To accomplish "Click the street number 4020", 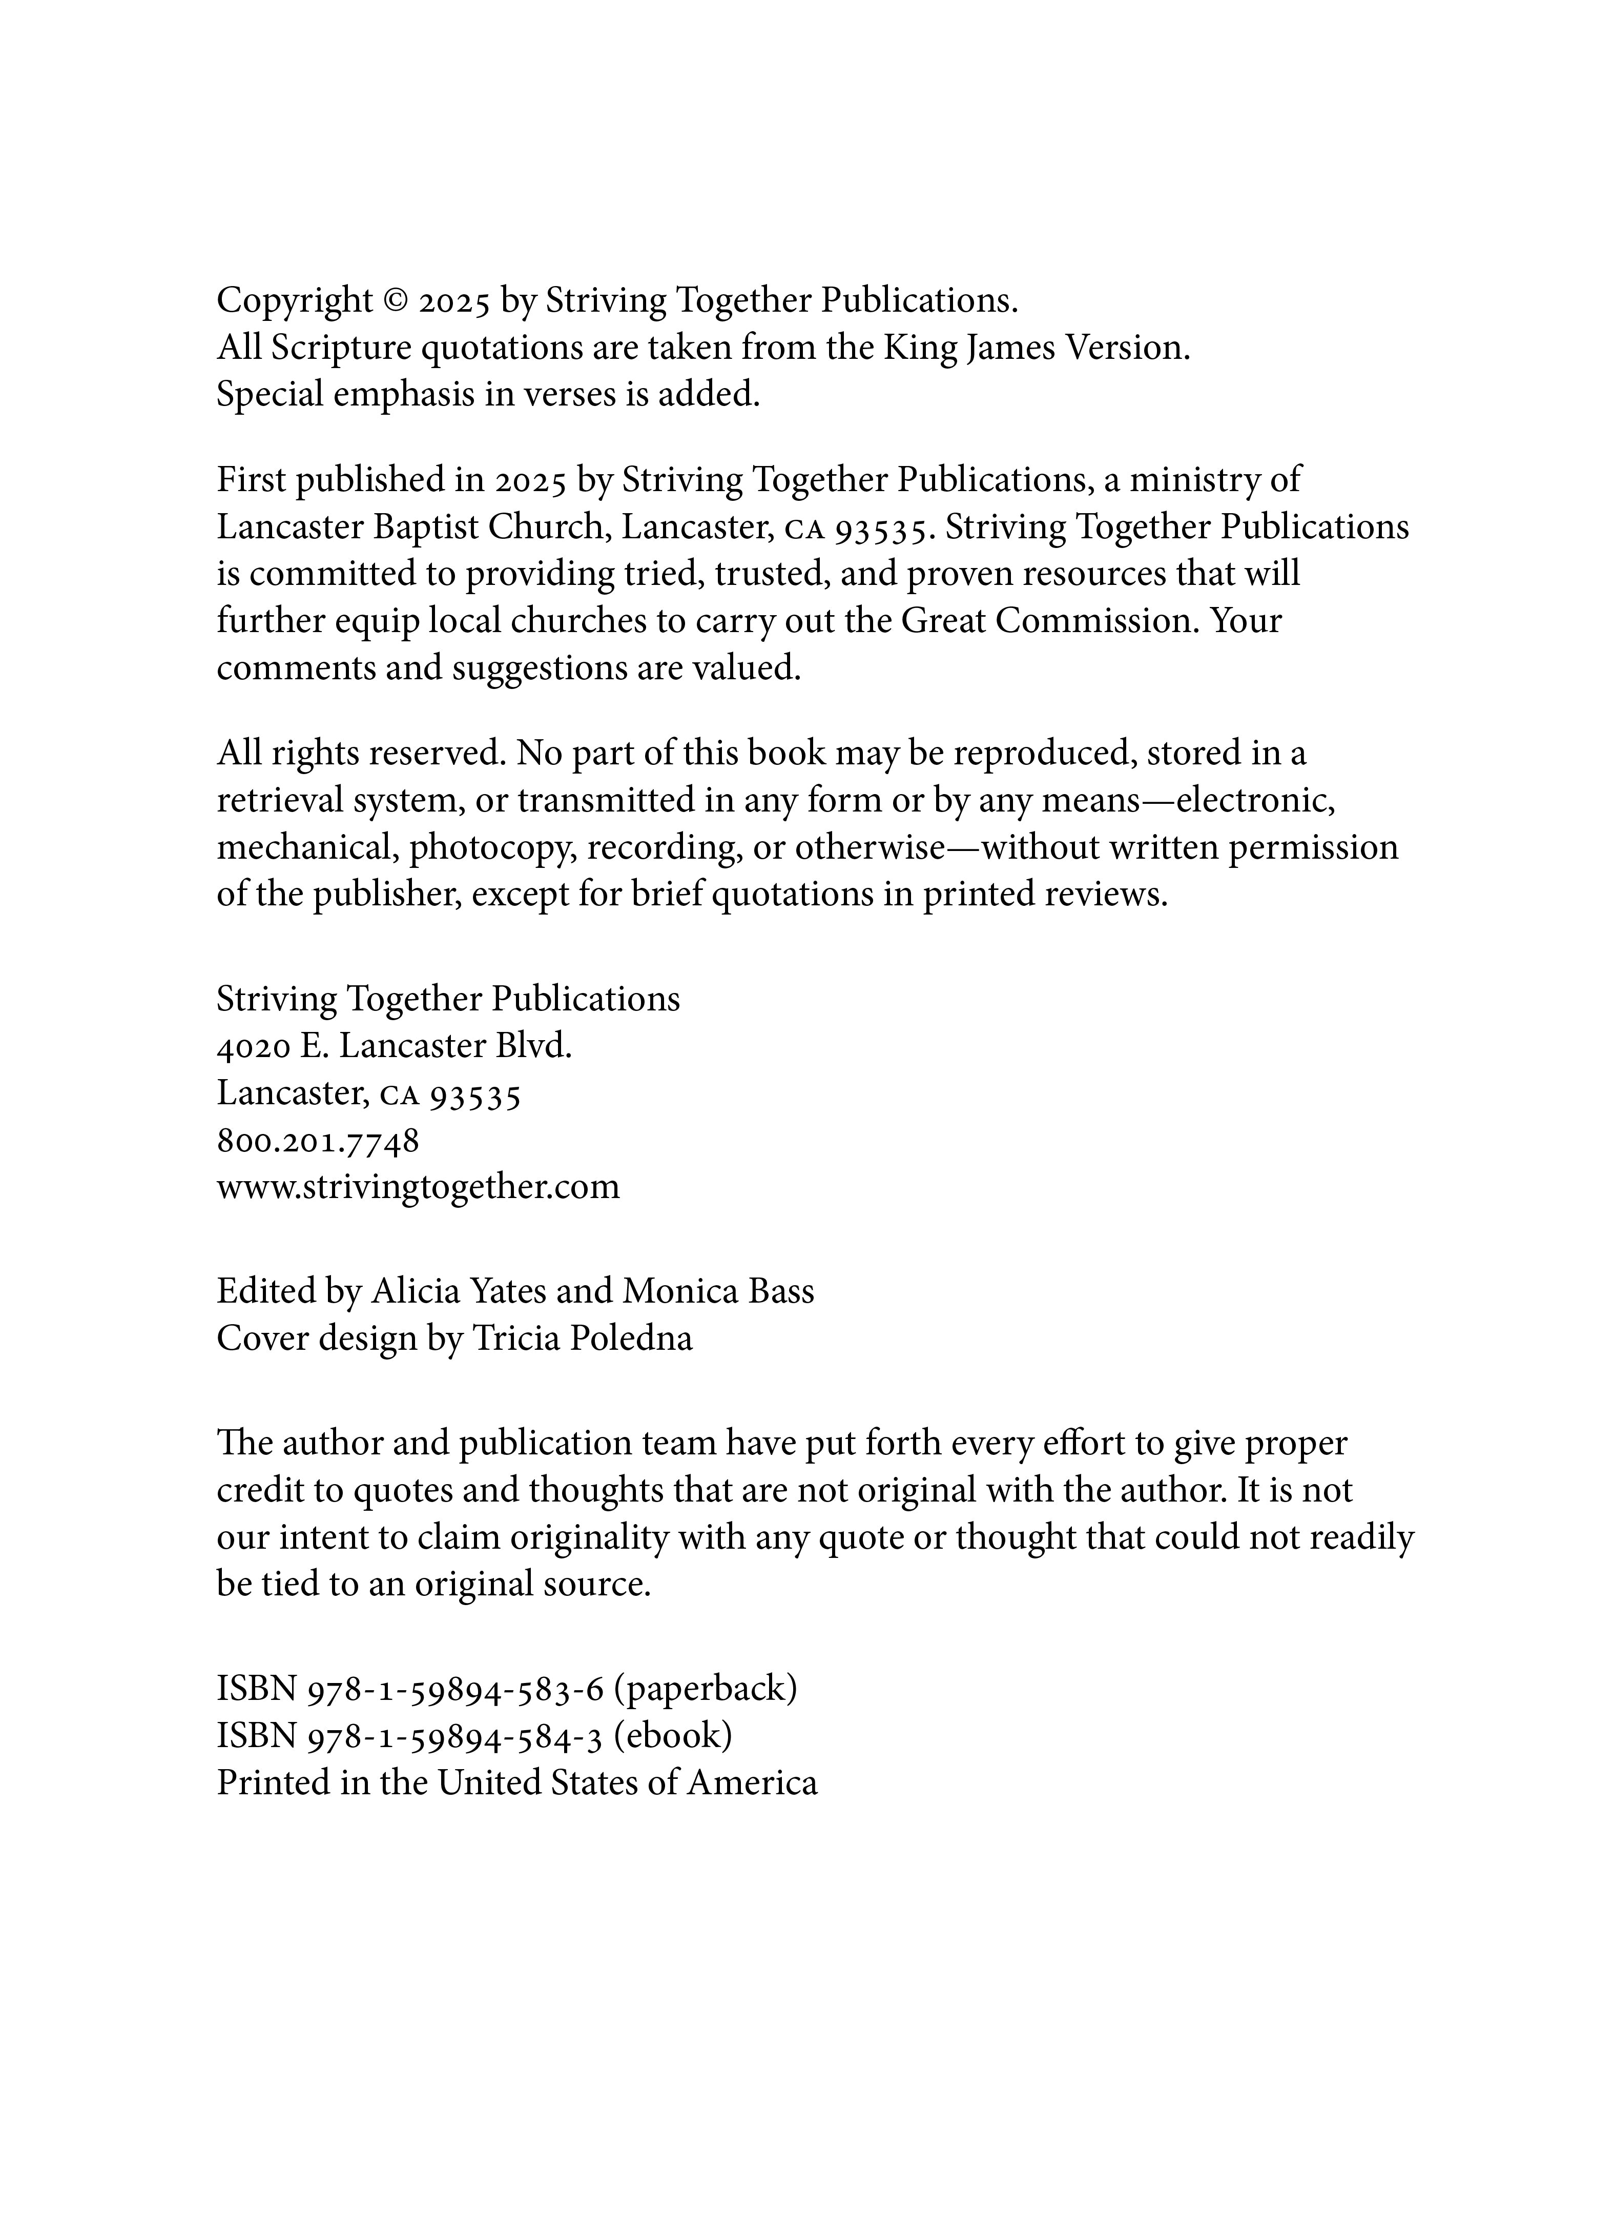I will point(253,1046).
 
